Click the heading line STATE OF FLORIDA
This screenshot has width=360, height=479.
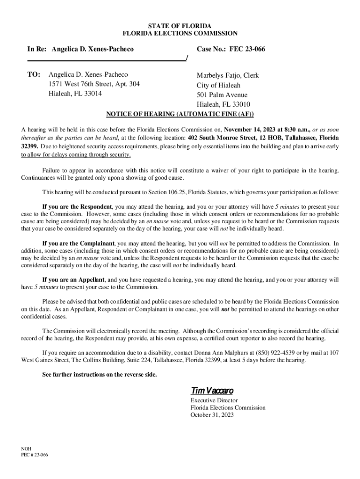(x=180, y=25)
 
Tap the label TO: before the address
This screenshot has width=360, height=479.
(x=35, y=75)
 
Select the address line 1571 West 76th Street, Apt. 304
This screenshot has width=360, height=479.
(x=94, y=84)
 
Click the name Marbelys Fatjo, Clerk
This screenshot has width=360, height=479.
(x=228, y=76)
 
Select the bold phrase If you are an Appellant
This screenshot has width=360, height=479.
(x=73, y=280)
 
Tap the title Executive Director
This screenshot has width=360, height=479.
(x=214, y=400)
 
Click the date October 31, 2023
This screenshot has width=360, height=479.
(x=212, y=415)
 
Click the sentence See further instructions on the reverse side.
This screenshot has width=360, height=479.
(x=100, y=375)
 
